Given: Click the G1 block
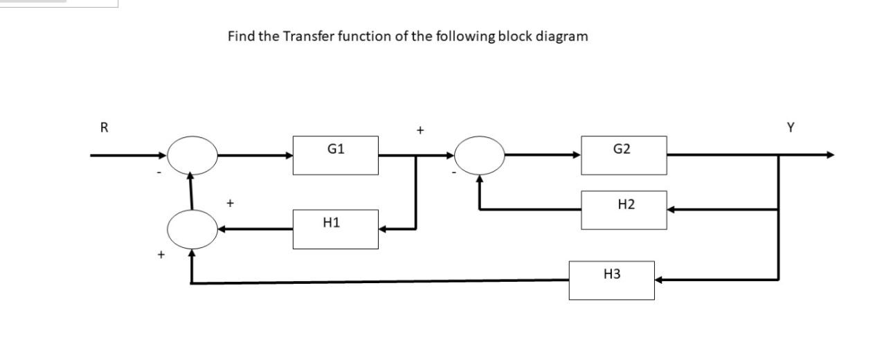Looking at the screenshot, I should click(x=336, y=155).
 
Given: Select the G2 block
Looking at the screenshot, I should click(x=624, y=155).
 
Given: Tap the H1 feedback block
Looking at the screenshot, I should click(x=336, y=229).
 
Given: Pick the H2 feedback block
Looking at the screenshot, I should click(x=624, y=210).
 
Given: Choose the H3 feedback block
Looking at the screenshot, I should click(x=611, y=280).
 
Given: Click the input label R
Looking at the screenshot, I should click(x=105, y=127).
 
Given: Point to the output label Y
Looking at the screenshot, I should click(x=790, y=127).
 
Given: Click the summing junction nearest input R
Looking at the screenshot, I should click(x=192, y=155).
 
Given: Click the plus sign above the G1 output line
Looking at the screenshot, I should click(x=419, y=129).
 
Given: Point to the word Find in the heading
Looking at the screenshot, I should click(x=241, y=37).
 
